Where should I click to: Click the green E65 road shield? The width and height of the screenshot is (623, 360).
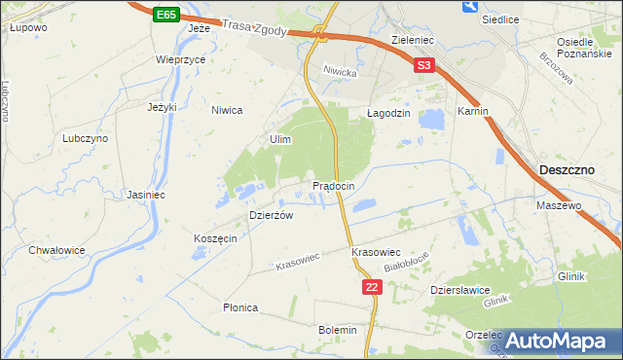tap(165, 15)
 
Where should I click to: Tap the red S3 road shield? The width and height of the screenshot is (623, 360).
tap(423, 66)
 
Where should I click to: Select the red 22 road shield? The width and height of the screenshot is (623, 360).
tap(371, 287)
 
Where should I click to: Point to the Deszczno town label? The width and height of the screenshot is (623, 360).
tap(567, 170)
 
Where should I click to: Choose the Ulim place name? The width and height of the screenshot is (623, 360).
tap(280, 140)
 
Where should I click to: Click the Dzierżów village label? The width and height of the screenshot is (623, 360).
tap(271, 216)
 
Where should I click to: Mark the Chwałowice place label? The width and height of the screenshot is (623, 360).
tap(56, 250)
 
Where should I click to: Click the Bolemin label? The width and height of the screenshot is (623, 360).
tap(338, 330)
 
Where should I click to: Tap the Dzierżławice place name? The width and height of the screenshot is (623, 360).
tap(459, 290)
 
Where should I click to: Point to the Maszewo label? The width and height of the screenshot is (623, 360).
tap(559, 206)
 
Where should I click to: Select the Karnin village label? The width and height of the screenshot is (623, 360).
tap(472, 112)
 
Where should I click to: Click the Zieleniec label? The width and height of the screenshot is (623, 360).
tap(412, 41)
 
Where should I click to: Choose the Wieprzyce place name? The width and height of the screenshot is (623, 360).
tap(180, 58)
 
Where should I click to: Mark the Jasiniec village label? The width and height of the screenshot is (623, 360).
tap(145, 195)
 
